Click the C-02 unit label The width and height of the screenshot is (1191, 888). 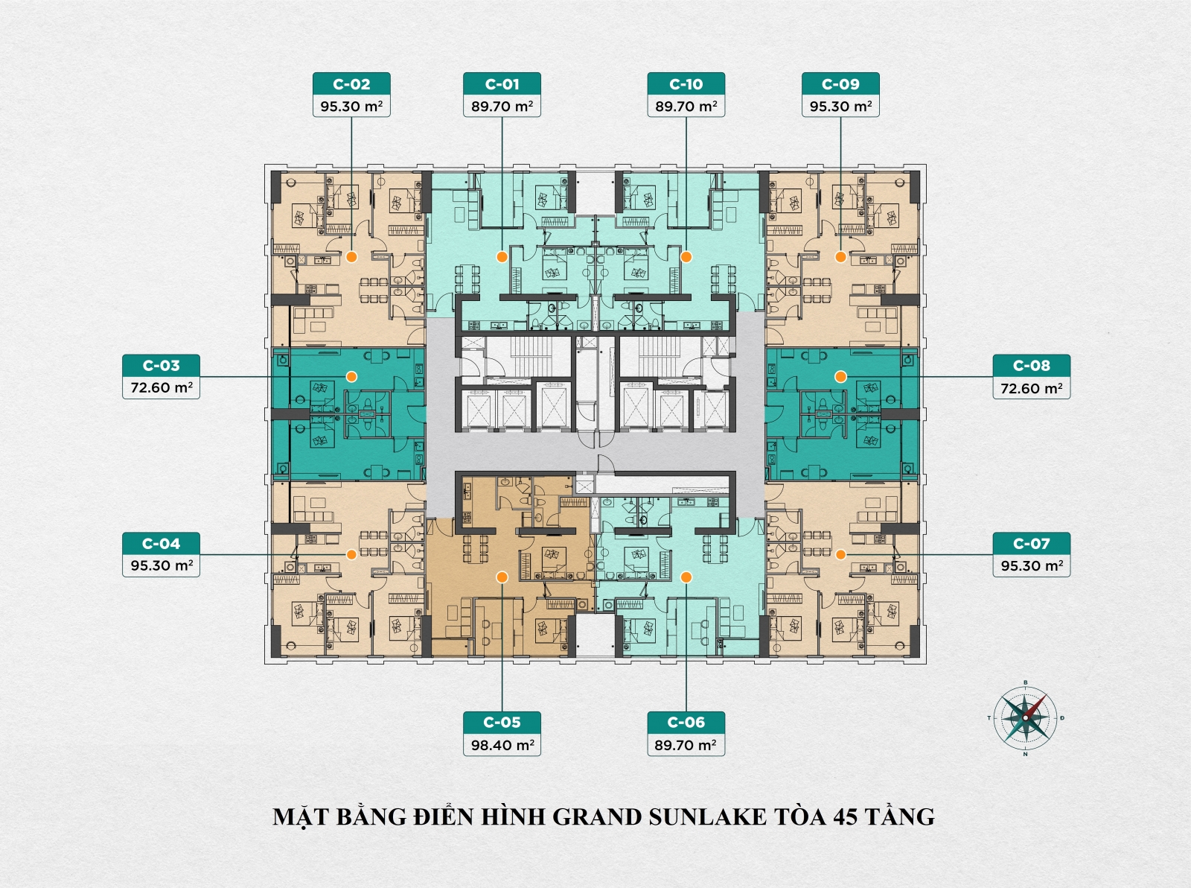(351, 84)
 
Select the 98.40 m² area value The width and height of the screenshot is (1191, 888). (502, 745)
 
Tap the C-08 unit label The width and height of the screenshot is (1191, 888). (1031, 366)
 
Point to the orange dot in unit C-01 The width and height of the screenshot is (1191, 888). (502, 257)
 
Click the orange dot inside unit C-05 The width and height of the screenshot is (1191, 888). (502, 577)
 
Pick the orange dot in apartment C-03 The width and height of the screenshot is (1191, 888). (351, 376)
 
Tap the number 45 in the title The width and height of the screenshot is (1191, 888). (845, 817)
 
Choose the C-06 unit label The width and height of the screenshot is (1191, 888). (686, 723)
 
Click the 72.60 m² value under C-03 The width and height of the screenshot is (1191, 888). (162, 388)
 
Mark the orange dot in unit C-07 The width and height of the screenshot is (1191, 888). (840, 554)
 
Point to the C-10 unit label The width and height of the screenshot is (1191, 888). (686, 84)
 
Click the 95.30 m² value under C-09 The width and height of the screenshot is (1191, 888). (840, 107)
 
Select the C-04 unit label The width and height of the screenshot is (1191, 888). (162, 544)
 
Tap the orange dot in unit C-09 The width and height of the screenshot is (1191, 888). (840, 257)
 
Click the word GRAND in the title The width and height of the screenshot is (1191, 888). (597, 817)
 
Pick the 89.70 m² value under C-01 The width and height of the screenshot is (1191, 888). (502, 107)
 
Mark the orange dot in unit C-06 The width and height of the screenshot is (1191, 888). (686, 577)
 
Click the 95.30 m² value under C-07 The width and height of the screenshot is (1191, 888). (1031, 566)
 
